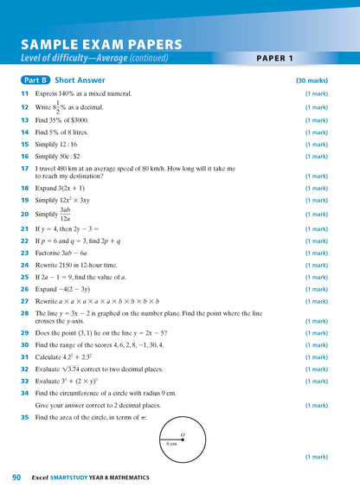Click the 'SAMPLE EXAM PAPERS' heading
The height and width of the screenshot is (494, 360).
[x=101, y=44]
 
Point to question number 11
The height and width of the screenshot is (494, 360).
[x=25, y=93]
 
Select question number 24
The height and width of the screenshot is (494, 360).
[x=25, y=266]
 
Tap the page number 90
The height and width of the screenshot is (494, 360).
[x=16, y=477]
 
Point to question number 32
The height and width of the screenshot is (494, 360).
[x=25, y=368]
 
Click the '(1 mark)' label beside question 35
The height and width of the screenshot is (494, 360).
[x=316, y=456]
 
